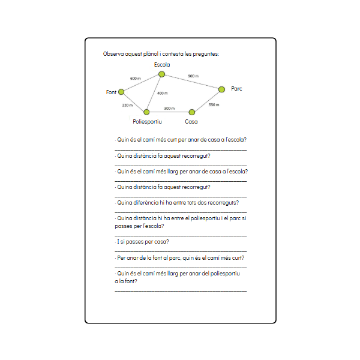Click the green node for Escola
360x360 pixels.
161,74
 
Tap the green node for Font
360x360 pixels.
121,92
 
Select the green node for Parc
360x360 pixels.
221,89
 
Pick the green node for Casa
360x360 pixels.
192,112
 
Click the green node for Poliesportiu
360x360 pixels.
146,112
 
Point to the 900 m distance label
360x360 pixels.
193,76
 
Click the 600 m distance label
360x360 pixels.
135,79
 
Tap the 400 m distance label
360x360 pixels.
162,94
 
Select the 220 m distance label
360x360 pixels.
127,105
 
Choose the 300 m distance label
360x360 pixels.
169,109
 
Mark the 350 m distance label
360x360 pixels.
214,104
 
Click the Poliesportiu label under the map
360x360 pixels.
147,121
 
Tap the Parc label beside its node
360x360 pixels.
237,89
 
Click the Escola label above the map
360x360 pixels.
162,65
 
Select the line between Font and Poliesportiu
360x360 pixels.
134,102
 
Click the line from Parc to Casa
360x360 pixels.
207,101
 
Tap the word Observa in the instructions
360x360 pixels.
113,54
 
